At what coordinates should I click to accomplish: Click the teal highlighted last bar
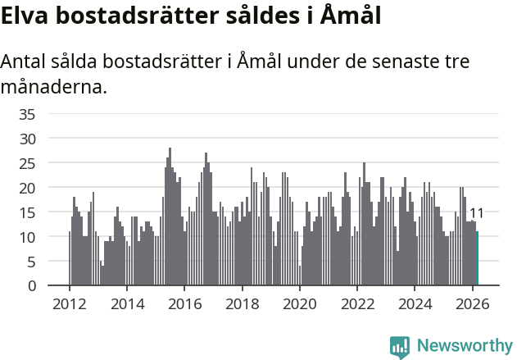tap(477, 258)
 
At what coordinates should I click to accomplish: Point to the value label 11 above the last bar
tap(476, 214)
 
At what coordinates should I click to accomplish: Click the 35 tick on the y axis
tap(28, 113)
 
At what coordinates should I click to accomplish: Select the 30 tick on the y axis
tap(28, 139)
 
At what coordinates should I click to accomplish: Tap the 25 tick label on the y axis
tap(28, 163)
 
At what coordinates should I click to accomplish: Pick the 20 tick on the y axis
tap(28, 188)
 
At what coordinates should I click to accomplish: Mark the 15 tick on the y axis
tap(28, 212)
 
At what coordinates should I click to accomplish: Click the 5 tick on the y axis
tap(32, 262)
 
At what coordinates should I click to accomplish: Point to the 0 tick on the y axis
tap(32, 286)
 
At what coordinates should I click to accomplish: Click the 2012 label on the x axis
tap(69, 303)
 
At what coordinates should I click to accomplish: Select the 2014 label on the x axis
tap(126, 303)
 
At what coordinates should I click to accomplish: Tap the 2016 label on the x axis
tap(184, 303)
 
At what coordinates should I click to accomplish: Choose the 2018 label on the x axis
tap(242, 303)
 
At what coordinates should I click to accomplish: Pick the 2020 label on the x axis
tap(299, 303)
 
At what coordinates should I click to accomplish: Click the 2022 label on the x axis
tap(357, 303)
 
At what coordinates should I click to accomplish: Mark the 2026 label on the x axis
tap(472, 303)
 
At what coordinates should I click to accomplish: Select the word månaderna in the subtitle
tap(53, 87)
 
